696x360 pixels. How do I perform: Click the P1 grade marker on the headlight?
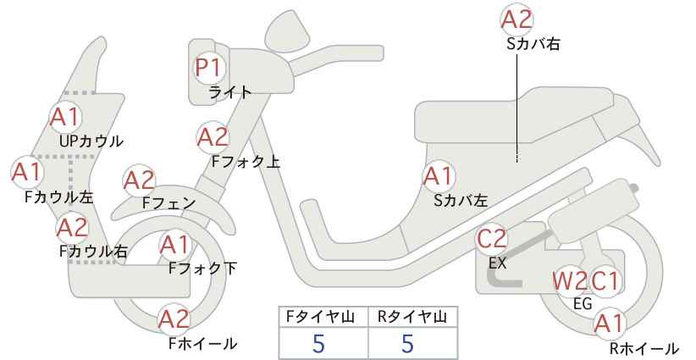208,68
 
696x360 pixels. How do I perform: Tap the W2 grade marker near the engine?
569,281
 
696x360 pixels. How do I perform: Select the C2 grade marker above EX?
491,239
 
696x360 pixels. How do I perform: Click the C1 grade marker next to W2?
604,281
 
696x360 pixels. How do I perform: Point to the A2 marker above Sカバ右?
516,19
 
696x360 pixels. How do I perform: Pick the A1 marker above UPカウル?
66,117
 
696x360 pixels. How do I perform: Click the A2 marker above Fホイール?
174,319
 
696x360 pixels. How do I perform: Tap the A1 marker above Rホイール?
610,324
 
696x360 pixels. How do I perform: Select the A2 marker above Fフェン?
139,181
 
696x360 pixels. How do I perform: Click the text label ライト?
230,92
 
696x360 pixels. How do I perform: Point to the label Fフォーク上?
246,162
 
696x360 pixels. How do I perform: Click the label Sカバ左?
461,201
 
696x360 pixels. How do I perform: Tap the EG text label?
583,304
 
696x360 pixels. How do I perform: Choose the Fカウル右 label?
93,252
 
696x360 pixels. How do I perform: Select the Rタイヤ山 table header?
412,317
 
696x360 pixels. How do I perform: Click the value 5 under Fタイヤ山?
318,344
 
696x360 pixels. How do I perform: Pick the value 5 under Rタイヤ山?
407,344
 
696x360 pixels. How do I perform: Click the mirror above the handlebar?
287,27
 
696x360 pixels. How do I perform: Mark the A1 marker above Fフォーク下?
175,245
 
